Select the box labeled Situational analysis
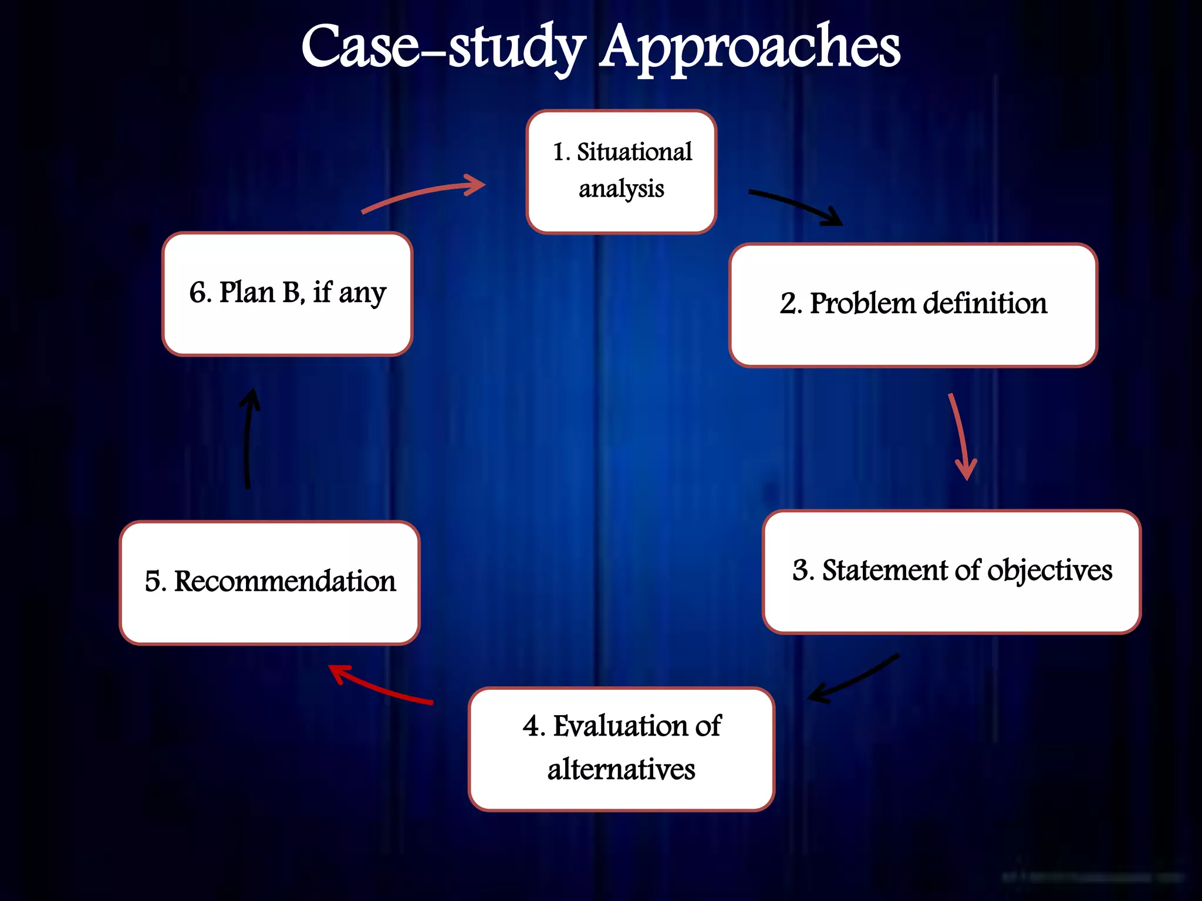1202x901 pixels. coord(621,171)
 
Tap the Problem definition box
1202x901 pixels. coord(913,305)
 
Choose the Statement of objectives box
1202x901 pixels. coord(951,571)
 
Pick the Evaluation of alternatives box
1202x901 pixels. coord(621,748)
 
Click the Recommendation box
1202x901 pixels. coord(269,582)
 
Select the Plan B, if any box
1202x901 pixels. coord(287,293)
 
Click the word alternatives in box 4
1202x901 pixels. coord(621,770)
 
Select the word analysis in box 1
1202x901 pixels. coord(621,189)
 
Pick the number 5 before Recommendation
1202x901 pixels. coord(153,581)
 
